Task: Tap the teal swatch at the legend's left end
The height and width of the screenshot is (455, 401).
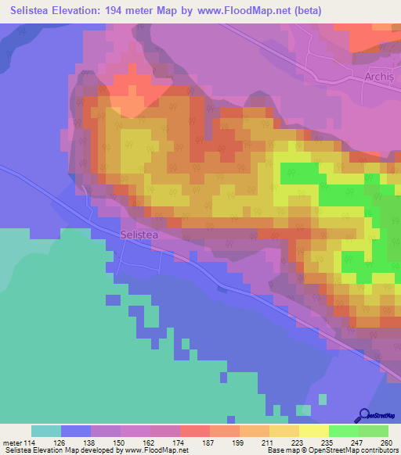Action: (x=46, y=432)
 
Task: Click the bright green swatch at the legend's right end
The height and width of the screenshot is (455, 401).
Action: (x=374, y=432)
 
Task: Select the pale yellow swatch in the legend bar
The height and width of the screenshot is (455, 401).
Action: (x=313, y=432)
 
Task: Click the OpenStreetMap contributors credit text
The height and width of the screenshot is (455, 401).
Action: (x=354, y=450)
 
